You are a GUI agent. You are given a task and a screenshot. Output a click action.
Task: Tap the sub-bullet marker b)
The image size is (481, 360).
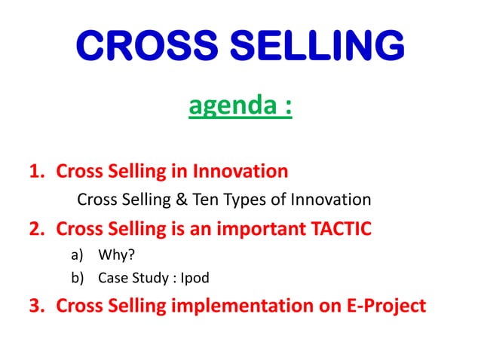[x=77, y=278]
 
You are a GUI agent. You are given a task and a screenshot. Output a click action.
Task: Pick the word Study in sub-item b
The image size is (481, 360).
[x=150, y=279]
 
